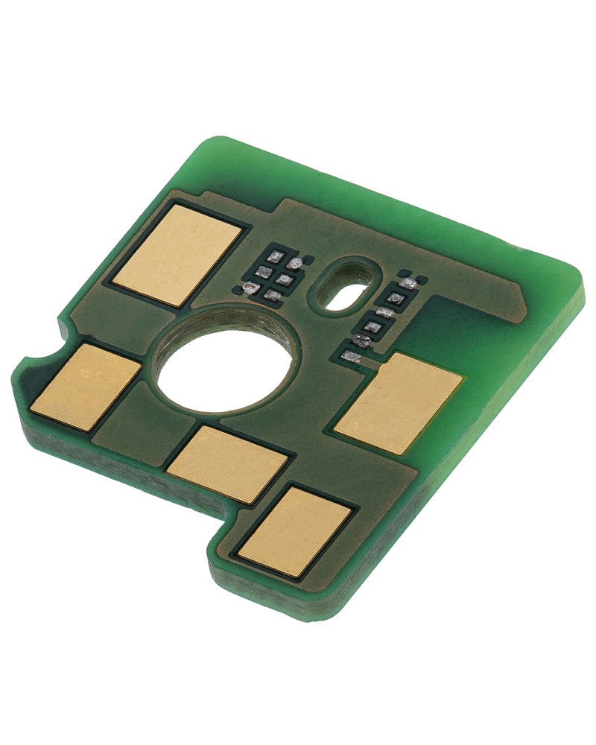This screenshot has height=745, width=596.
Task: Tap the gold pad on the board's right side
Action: pos(399,403)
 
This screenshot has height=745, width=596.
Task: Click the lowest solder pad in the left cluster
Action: pos(273,296)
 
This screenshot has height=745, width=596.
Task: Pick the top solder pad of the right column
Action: pos(407,284)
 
